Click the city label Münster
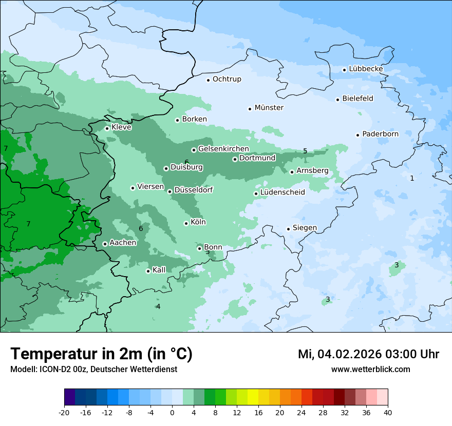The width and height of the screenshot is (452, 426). [x=269, y=108]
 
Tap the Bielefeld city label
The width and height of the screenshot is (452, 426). [x=357, y=99]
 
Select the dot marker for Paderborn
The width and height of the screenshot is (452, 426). [x=357, y=135]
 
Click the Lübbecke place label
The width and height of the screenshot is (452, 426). [x=366, y=69]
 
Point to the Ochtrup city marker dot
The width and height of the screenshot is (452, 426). [x=208, y=80]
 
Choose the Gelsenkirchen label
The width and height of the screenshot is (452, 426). [x=223, y=149]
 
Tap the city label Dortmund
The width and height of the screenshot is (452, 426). [x=257, y=158]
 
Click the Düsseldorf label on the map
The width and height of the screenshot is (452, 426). [x=194, y=190]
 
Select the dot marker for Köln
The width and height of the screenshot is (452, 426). [x=186, y=223]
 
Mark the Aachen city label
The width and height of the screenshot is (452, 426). [x=123, y=243]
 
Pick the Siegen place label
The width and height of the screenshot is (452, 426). [x=305, y=228]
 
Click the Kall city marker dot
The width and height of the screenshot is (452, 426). [x=148, y=271]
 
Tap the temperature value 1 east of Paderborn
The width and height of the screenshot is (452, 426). [x=412, y=178]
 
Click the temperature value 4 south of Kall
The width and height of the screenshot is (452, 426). [x=158, y=306]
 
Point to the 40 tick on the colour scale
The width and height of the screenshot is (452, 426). [x=388, y=413]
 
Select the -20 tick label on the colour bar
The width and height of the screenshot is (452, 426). [x=64, y=413]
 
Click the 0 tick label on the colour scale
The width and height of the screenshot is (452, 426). [x=172, y=413]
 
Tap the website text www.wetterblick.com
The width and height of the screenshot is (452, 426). [x=370, y=369]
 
